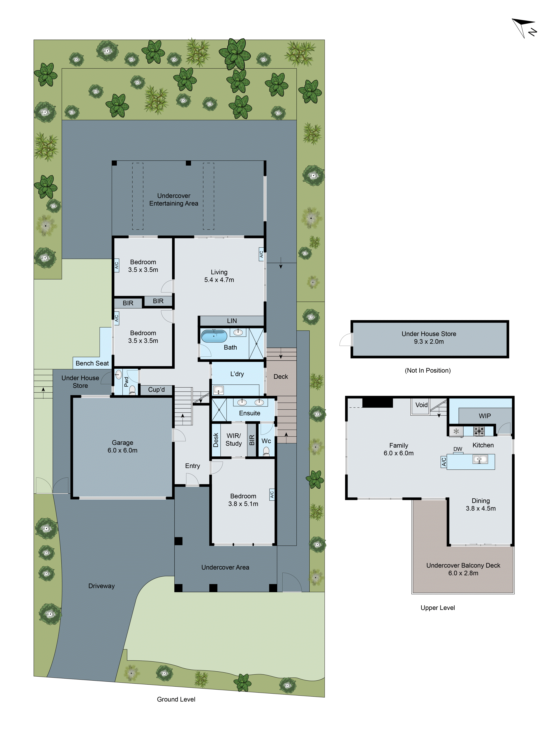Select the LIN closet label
coord(232,321)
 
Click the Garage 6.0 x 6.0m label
coord(122,446)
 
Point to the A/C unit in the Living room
coord(261,254)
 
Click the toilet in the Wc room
coord(266,451)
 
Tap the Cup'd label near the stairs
coord(156,389)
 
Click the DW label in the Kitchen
coord(458,449)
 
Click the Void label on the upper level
coord(421,405)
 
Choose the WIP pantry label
coord(484,416)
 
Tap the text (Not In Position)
coord(427,370)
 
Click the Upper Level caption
coord(438,608)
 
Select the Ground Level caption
coord(176,699)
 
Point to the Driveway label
coord(101,586)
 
